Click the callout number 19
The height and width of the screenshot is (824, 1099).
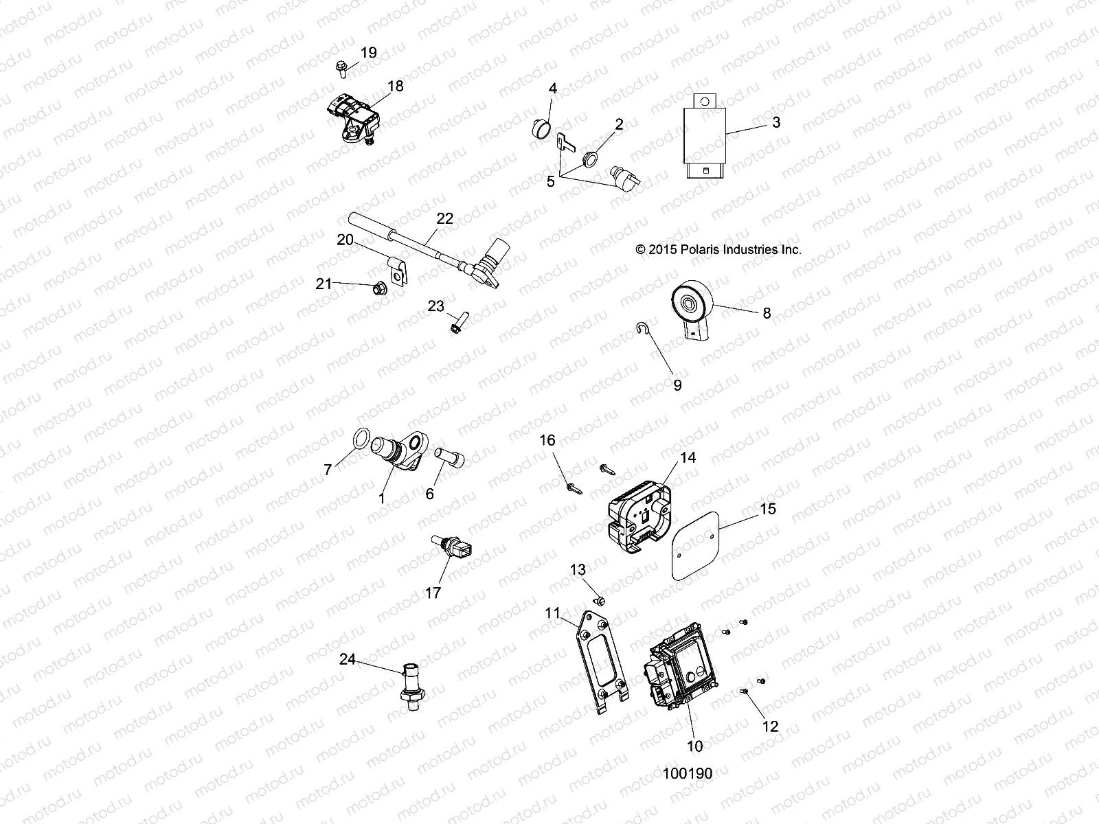(x=369, y=53)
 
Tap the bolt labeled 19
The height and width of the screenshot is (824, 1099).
(x=341, y=67)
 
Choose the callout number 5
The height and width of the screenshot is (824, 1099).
(x=550, y=181)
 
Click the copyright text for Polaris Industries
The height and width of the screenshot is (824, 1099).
(x=718, y=251)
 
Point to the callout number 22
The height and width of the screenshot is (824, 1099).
(x=445, y=219)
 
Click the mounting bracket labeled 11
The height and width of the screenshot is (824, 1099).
(x=602, y=659)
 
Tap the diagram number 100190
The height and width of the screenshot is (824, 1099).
(x=688, y=773)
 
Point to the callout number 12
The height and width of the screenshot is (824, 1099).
(x=771, y=726)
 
